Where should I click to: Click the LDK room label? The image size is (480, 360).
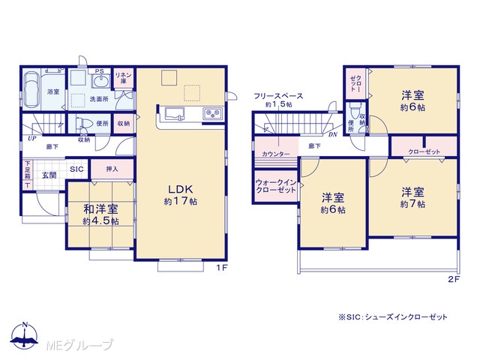tap(181, 189)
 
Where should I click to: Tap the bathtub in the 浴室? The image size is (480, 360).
tap(31, 91)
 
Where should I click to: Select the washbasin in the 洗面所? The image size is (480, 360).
tap(101, 81)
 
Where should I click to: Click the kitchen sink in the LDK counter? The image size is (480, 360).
tap(175, 113)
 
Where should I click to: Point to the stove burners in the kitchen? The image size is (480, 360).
tap(213, 114)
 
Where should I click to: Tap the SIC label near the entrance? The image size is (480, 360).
tap(76, 169)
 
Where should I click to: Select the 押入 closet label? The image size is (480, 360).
tap(112, 169)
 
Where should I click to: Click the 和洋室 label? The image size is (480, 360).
tap(100, 209)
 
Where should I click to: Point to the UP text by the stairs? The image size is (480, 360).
tap(31, 138)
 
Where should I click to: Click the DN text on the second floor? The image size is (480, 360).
tap(333, 135)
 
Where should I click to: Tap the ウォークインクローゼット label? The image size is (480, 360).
tap(276, 186)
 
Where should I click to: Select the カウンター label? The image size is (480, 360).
tap(275, 154)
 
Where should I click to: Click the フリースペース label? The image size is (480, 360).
tap(278, 96)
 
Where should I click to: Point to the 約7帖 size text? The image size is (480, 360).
tap(412, 204)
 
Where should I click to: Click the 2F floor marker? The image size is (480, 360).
tap(454, 279)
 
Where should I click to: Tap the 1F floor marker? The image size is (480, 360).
tap(222, 268)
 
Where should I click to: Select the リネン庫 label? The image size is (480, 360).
tap(123, 78)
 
